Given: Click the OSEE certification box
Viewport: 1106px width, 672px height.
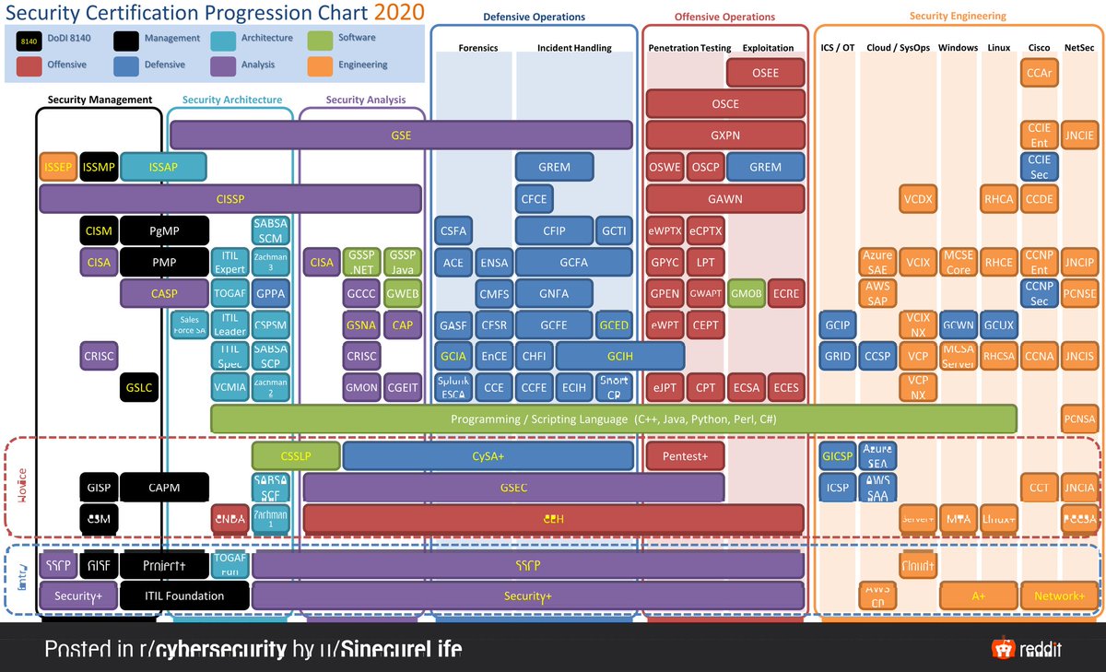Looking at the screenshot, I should click(x=765, y=73).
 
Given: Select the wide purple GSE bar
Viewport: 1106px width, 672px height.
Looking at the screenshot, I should click(x=401, y=135).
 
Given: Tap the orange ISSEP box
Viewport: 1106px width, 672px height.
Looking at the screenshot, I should click(x=57, y=167).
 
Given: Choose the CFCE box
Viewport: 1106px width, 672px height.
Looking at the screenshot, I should click(x=534, y=198).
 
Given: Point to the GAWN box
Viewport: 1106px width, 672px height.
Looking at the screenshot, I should click(x=725, y=198).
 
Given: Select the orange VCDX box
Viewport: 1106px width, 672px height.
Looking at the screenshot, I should click(x=917, y=198).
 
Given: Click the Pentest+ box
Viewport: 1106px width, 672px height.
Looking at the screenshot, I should click(x=684, y=456).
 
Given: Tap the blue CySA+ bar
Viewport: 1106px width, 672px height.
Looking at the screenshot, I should click(x=488, y=456).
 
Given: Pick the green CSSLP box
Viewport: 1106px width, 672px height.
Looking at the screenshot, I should click(x=296, y=456).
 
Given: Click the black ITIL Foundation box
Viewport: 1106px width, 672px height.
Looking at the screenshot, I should click(x=183, y=595).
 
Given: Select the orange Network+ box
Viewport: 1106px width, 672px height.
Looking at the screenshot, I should click(x=1059, y=595).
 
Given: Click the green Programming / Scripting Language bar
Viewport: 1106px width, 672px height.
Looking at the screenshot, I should click(x=613, y=419).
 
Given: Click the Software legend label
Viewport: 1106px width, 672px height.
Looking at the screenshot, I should click(x=357, y=38).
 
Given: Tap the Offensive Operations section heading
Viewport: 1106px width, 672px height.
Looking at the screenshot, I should click(x=724, y=17).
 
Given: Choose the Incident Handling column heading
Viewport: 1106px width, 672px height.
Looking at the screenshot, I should click(x=574, y=48).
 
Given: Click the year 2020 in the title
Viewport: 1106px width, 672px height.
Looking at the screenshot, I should click(x=399, y=12).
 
